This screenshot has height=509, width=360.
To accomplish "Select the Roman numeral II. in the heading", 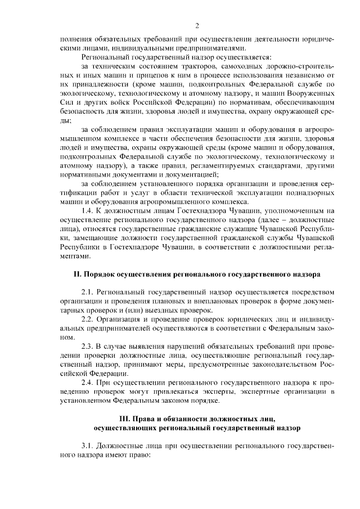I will (x=78, y=274).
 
